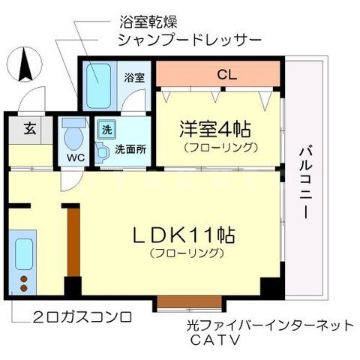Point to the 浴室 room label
point(133,76)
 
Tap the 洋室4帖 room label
point(214,127)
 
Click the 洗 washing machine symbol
point(106,128)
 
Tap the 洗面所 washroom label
point(130,148)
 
